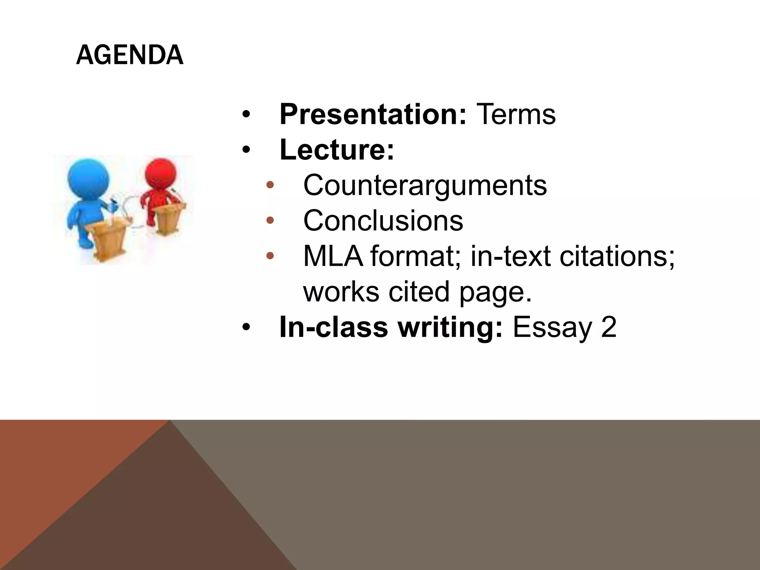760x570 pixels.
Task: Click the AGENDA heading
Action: tap(130, 55)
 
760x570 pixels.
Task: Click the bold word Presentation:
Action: tap(373, 114)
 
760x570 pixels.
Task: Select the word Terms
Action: tap(516, 114)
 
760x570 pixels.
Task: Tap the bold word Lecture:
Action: tap(337, 150)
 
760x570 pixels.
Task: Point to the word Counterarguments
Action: tap(425, 185)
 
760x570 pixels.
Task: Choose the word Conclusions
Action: tap(383, 221)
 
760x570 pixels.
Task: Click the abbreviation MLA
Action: tap(333, 256)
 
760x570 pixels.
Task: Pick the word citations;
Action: tap(617, 256)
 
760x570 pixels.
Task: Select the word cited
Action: tap(419, 292)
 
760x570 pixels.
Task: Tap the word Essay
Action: tap(552, 327)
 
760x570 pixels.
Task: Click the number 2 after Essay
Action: tap(609, 327)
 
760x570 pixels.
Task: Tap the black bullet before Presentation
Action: tap(246, 114)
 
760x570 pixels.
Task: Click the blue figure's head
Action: tap(89, 176)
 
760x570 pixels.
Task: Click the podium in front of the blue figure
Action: tap(108, 237)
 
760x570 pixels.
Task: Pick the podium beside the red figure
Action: tap(169, 219)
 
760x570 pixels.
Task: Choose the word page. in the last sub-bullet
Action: tap(496, 292)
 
